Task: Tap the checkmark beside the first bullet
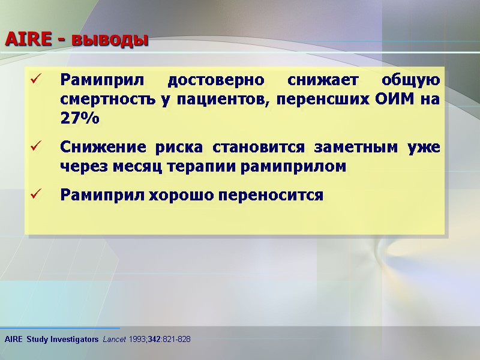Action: (35, 79)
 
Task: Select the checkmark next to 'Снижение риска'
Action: (35, 146)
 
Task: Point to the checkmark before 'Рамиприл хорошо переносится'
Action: (35, 194)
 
